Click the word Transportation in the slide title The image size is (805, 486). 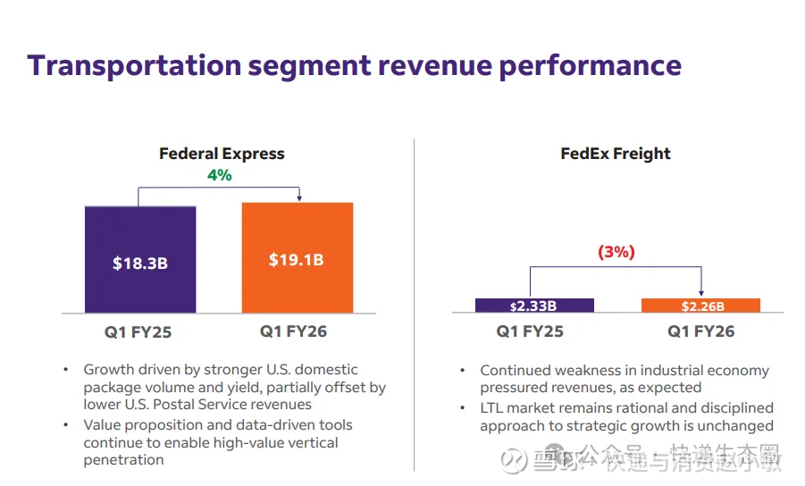click(134, 65)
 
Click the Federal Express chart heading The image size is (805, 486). click(222, 154)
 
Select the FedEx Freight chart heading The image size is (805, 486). click(616, 154)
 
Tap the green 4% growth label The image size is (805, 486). click(219, 175)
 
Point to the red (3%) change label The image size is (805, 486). click(616, 253)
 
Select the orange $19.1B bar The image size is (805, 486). click(297, 258)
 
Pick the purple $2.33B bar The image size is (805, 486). click(534, 306)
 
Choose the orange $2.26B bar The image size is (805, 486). click(700, 306)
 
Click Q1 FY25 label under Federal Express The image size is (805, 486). click(138, 333)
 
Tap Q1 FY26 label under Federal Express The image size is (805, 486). click(294, 331)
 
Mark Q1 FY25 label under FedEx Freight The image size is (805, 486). click(530, 331)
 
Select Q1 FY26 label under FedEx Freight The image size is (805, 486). click(701, 331)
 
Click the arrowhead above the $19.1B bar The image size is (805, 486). click(298, 198)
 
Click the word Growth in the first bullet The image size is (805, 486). click(108, 370)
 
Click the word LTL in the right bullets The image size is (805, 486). click(494, 408)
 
